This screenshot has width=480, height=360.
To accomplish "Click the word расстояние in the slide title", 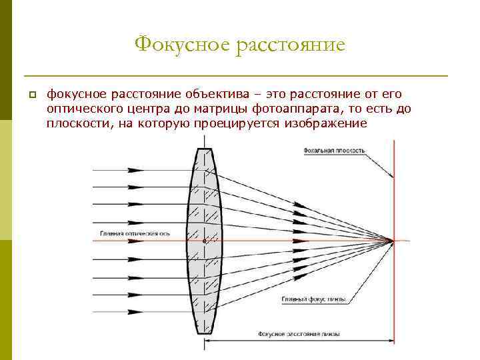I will click(x=289, y=45).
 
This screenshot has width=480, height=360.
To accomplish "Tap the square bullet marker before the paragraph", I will click(x=31, y=96).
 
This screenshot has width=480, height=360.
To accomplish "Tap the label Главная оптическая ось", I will click(x=135, y=234).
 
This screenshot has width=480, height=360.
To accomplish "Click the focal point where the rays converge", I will click(x=394, y=241).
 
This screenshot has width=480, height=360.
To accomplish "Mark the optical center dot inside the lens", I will click(x=204, y=241).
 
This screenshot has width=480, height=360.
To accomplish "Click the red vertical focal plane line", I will click(x=394, y=193).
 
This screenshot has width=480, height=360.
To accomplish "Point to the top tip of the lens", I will click(x=204, y=148).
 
